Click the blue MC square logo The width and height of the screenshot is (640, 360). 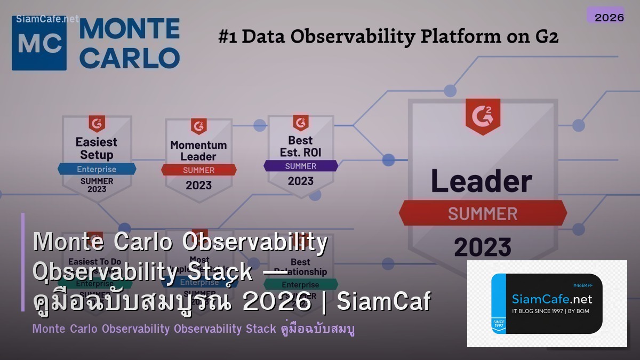pyautogui.click(x=39, y=43)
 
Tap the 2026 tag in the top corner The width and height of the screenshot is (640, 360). pyautogui.click(x=609, y=17)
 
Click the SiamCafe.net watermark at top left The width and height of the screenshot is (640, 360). pyautogui.click(x=47, y=19)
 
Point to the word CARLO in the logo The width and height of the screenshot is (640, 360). pyautogui.click(x=130, y=58)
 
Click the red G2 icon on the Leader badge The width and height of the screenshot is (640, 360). pyautogui.click(x=482, y=116)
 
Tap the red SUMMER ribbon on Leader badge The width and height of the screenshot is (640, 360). pyautogui.click(x=482, y=213)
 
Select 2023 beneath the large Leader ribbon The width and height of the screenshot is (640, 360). pyautogui.click(x=482, y=247)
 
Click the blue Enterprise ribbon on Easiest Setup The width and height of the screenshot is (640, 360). pyautogui.click(x=97, y=169)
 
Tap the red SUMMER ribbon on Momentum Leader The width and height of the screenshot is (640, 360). pyautogui.click(x=198, y=170)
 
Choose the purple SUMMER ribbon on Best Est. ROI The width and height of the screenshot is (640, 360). pyautogui.click(x=301, y=166)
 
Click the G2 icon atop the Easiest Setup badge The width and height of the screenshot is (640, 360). pyautogui.click(x=97, y=124)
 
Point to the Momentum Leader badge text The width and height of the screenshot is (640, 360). pyautogui.click(x=198, y=150)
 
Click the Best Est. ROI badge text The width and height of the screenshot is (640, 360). pyautogui.click(x=301, y=146)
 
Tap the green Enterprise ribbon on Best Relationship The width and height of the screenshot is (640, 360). pyautogui.click(x=301, y=284)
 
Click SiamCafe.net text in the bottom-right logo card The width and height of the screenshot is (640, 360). pyautogui.click(x=551, y=299)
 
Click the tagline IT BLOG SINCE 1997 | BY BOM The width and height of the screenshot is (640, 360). pyautogui.click(x=550, y=311)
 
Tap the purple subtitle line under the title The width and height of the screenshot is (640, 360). pyautogui.click(x=194, y=329)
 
